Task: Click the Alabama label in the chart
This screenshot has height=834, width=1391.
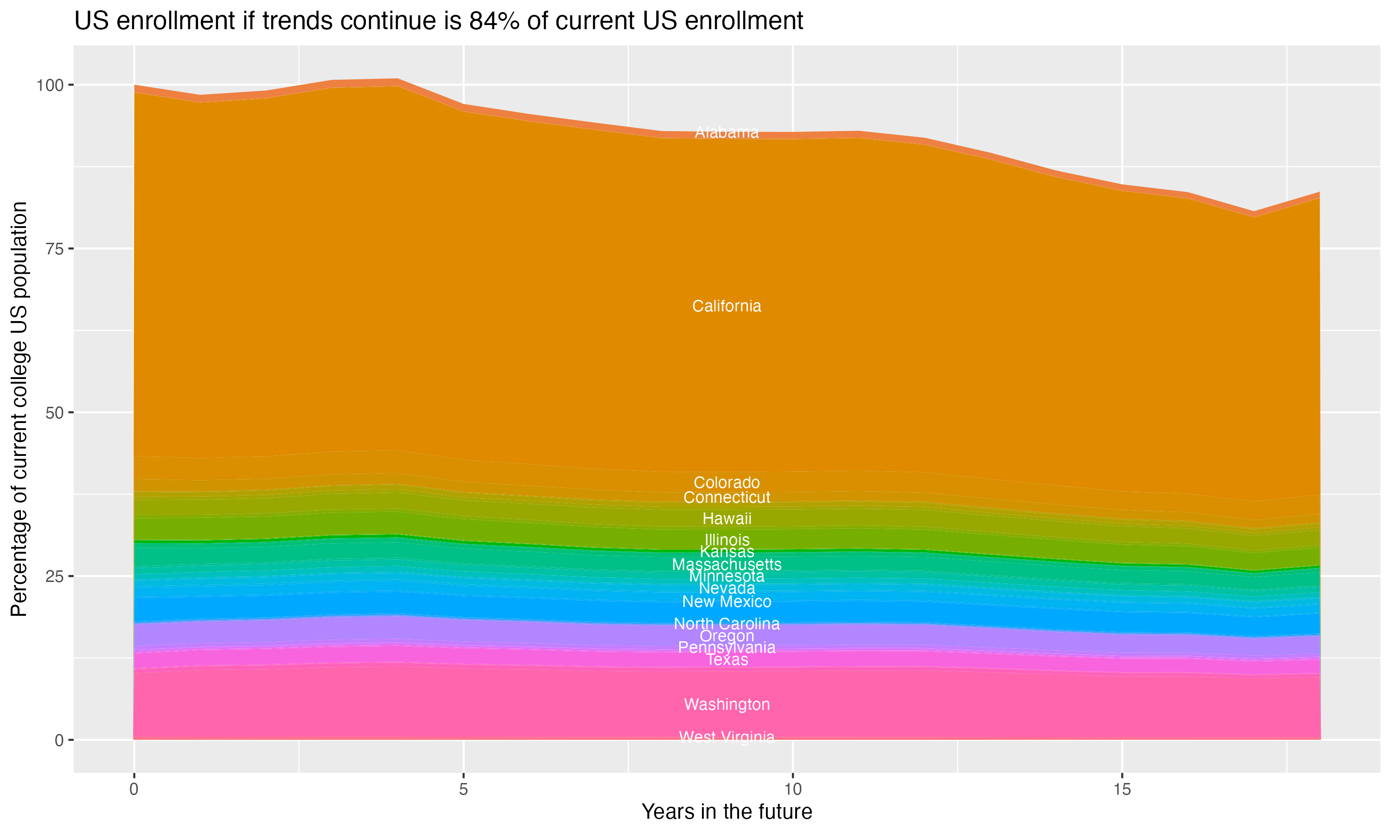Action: [727, 133]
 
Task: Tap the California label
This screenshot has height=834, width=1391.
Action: [727, 306]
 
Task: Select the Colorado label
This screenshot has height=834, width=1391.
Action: [727, 483]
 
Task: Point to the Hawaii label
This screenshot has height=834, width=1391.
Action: [727, 519]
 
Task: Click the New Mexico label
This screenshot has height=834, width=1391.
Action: [727, 602]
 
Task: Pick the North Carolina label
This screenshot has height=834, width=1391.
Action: [727, 624]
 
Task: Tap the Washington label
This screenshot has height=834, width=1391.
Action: [727, 705]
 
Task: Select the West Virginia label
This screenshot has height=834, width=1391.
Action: [727, 737]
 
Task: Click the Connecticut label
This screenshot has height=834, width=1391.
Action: [727, 497]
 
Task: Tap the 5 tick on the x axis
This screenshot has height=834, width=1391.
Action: [463, 790]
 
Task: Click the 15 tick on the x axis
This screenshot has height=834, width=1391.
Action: [1122, 790]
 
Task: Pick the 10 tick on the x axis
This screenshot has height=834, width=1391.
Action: [792, 790]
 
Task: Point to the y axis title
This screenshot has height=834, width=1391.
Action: [19, 409]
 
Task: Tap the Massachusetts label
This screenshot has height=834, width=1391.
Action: [727, 564]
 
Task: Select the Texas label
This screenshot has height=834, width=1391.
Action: [727, 660]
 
